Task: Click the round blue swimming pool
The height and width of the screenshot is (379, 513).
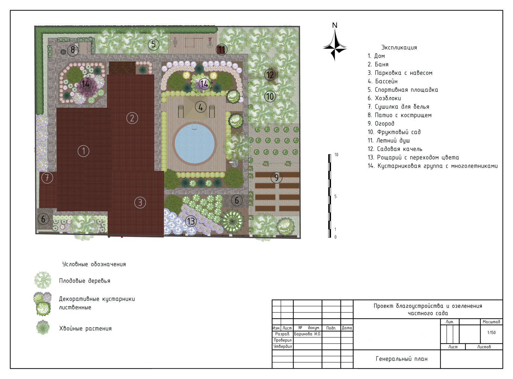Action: coord(194,144)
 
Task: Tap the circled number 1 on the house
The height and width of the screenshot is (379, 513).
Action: coord(83,151)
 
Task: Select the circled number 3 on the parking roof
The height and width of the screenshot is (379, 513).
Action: coord(140,203)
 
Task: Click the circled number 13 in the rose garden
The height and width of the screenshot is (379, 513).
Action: coord(191,221)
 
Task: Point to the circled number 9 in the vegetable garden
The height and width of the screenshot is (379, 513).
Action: coord(276,177)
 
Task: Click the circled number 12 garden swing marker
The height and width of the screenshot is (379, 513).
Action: coord(270,75)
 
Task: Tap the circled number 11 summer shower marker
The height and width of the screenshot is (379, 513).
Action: coord(222,49)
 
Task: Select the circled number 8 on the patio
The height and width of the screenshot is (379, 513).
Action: coord(72,49)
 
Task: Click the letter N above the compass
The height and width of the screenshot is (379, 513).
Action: coord(335,25)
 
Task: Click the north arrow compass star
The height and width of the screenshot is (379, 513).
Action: coord(335,45)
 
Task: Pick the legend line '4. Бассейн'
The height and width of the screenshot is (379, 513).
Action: coord(383,81)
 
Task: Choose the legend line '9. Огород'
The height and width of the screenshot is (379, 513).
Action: coord(381,124)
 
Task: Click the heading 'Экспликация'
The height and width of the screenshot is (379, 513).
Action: coord(399,48)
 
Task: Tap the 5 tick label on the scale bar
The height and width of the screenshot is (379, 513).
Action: coord(335,196)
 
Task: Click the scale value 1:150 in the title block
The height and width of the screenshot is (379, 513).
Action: coord(491,332)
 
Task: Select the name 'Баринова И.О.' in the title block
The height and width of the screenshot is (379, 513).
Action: coord(307,334)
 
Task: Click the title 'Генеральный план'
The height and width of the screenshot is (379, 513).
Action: coord(401,359)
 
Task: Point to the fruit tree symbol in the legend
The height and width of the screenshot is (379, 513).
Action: coord(43,280)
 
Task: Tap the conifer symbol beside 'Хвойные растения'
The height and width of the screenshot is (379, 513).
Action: coord(43,327)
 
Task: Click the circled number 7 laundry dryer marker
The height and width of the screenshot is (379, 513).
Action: coord(47,178)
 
